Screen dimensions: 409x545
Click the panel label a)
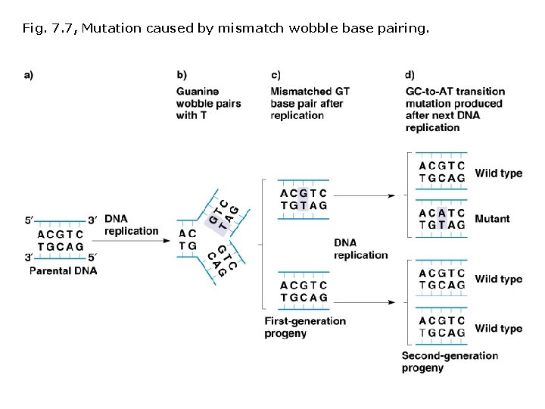pos(29,75)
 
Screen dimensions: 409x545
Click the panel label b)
pos(182,75)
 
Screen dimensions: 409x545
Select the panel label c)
pos(276,75)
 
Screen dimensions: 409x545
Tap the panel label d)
pos(410,75)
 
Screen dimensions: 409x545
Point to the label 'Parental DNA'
pos(63,270)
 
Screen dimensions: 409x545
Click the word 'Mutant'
pos(492,219)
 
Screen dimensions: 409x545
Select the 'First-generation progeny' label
pos(305,327)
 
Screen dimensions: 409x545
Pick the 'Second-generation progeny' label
pos(450,361)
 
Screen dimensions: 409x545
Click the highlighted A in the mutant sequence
pos(441,213)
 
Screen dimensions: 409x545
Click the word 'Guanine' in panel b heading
pos(197,92)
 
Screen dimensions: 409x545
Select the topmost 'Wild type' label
pos(498,173)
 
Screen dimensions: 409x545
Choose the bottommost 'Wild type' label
pos(498,329)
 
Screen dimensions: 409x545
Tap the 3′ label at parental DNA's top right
pos(92,220)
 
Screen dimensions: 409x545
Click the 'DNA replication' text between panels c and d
pos(360,248)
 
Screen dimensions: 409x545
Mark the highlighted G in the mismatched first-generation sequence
pos(303,193)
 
